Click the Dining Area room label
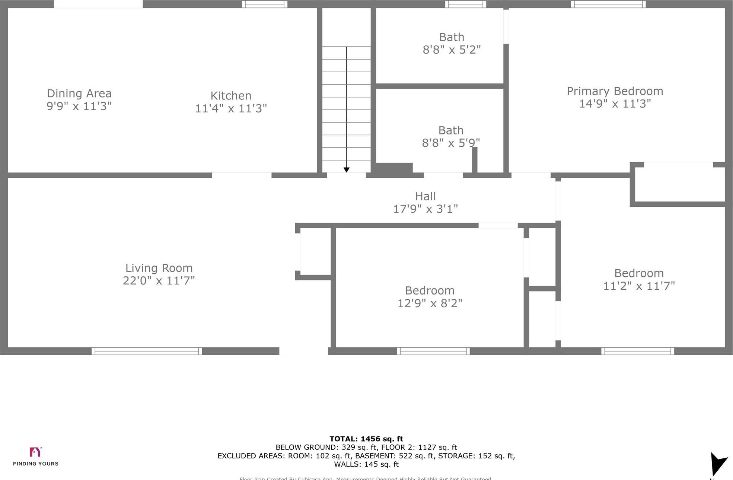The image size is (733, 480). [x=79, y=93]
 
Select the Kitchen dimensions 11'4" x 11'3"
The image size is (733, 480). [x=231, y=108]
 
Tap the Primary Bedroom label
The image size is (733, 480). [x=615, y=91]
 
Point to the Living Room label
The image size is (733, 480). [x=159, y=268]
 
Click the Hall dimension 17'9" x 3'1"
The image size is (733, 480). [x=426, y=209]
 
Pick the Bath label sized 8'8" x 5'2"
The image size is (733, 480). [x=452, y=37]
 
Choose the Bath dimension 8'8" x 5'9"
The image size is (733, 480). [x=451, y=143]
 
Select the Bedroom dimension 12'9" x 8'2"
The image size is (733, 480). [x=430, y=303]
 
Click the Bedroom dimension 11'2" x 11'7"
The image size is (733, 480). [x=639, y=286]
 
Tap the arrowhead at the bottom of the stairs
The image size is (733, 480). [x=347, y=170]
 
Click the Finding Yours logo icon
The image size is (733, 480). [x=36, y=452]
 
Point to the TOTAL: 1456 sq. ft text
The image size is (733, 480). [x=366, y=439]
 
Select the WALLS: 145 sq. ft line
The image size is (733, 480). [x=366, y=464]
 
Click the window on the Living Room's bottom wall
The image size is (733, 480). [x=147, y=351]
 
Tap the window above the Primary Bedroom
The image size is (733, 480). [x=608, y=4]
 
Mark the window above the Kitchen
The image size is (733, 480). [x=265, y=4]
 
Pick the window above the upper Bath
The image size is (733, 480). [x=466, y=4]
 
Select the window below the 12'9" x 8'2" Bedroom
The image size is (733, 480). [x=433, y=351]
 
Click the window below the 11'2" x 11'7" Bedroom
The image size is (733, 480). [x=638, y=351]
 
